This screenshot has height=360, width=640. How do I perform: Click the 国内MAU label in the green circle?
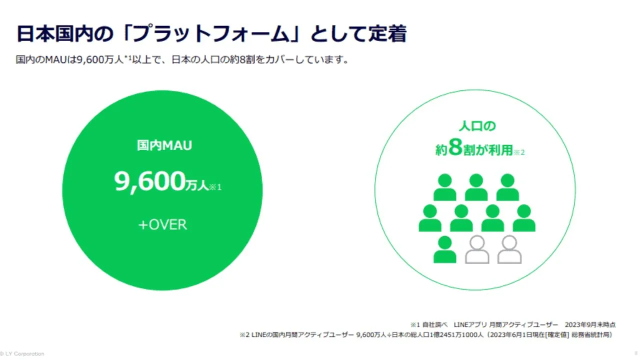[164, 145]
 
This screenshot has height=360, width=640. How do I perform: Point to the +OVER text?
[162, 224]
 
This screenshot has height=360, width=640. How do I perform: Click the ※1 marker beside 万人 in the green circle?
[215, 187]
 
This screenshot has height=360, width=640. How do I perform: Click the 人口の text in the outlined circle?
[477, 126]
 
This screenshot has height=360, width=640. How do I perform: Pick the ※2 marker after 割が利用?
[519, 152]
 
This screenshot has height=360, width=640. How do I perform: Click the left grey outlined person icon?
[477, 249]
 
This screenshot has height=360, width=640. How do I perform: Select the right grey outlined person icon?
[509, 249]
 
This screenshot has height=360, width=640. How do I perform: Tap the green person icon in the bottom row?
[444, 249]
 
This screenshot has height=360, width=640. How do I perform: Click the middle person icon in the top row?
[476, 187]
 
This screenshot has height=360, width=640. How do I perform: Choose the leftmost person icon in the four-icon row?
[430, 218]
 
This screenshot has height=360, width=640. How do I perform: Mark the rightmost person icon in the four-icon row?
[523, 218]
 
